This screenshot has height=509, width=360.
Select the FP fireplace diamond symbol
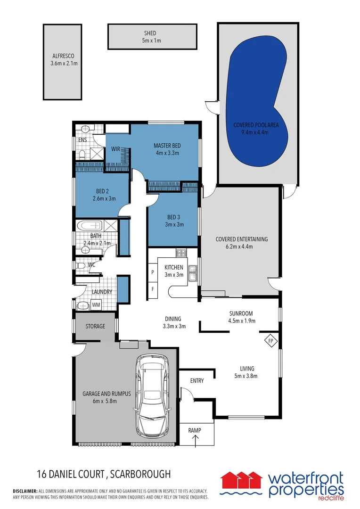(270, 341)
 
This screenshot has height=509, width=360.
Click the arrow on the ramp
(196, 441)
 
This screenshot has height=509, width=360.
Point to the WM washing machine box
(96, 305)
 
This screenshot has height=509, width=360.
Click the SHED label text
(150, 33)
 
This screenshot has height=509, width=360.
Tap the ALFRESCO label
(63, 56)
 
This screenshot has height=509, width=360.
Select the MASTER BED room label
(167, 146)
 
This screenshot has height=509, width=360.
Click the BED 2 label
(102, 191)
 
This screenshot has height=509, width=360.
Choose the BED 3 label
(174, 217)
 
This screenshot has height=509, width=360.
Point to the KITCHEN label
(174, 267)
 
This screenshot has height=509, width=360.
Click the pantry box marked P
(153, 272)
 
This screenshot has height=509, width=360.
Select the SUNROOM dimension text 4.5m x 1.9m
(242, 321)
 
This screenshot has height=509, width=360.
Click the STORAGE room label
(95, 326)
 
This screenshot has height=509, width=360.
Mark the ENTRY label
(197, 380)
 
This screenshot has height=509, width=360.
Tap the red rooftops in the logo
(242, 480)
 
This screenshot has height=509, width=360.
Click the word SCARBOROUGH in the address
(140, 474)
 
